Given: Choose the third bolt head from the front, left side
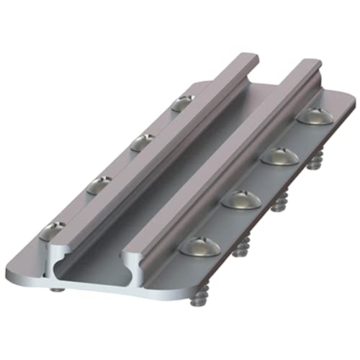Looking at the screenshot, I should click(141, 143).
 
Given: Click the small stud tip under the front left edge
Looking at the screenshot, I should click(56, 289).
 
